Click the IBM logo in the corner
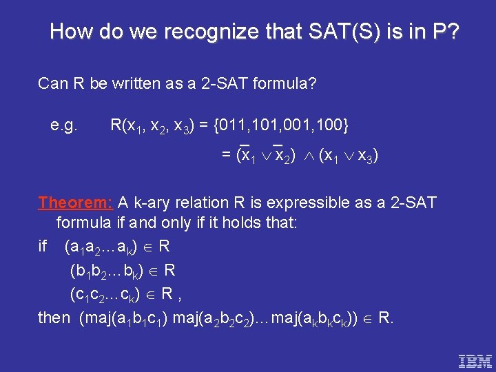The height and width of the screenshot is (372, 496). [x=475, y=360]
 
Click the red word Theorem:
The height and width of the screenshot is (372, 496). [x=75, y=203]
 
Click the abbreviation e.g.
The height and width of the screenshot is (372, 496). [x=64, y=125]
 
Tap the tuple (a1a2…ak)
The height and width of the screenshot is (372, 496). [x=104, y=247]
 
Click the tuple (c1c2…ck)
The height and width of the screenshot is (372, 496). [x=109, y=294]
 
